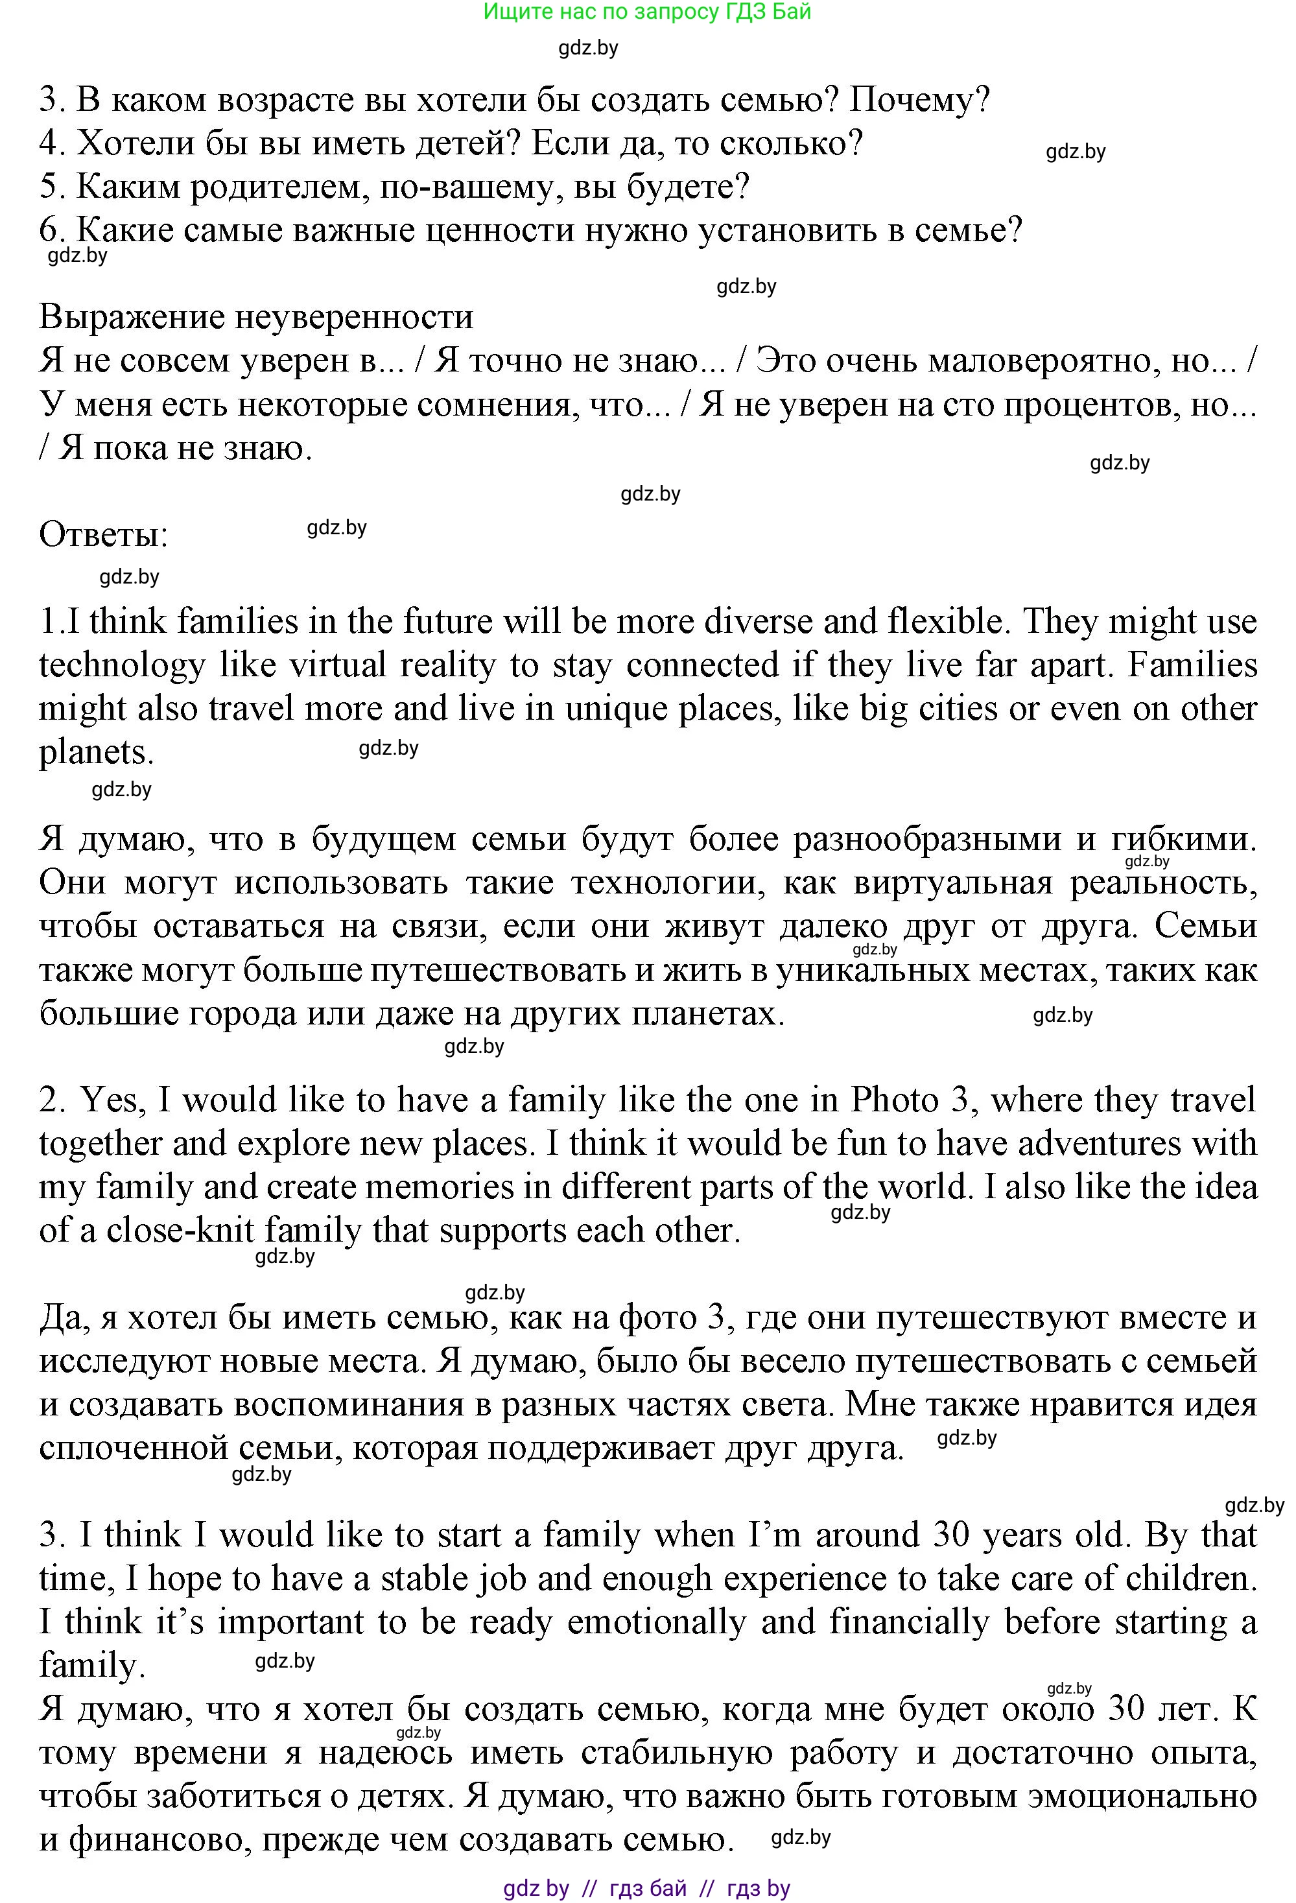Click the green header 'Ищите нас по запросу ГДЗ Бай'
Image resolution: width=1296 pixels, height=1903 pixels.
647,12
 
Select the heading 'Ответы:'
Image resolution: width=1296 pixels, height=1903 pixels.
104,536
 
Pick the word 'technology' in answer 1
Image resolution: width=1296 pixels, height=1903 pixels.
122,665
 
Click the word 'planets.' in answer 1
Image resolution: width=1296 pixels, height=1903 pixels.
97,751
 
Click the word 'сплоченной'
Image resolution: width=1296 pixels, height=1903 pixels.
136,1448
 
